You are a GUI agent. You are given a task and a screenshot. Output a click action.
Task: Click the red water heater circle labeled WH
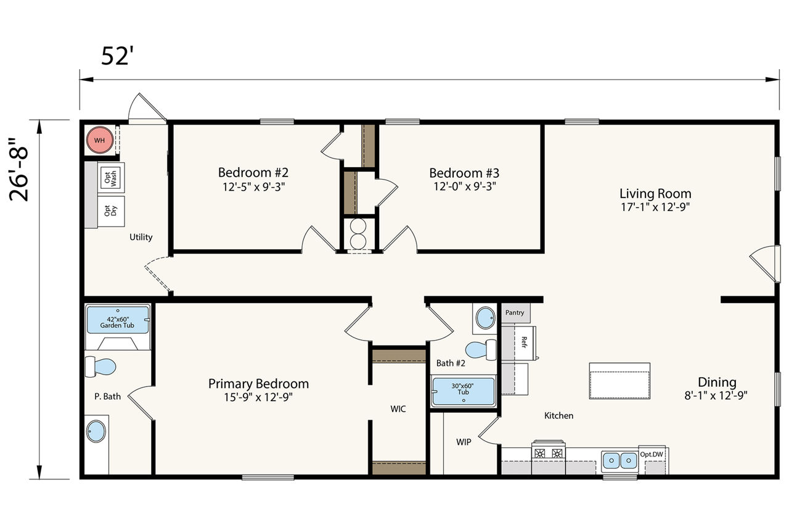pyautogui.click(x=100, y=140)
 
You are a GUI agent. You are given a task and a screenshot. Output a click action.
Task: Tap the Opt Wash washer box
pyautogui.click(x=111, y=178)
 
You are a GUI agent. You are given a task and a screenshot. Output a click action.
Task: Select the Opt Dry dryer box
pyautogui.click(x=111, y=211)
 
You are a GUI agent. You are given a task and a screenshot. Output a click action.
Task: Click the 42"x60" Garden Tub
pyautogui.click(x=118, y=320)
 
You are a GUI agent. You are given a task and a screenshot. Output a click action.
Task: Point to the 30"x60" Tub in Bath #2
pyautogui.click(x=463, y=391)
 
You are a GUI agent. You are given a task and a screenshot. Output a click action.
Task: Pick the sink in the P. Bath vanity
pyautogui.click(x=96, y=431)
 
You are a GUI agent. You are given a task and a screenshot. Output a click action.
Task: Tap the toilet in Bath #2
pyautogui.click(x=481, y=349)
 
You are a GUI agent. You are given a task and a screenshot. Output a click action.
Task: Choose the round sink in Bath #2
pyautogui.click(x=485, y=318)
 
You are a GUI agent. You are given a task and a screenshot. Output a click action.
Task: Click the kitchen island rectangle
pyautogui.click(x=619, y=381)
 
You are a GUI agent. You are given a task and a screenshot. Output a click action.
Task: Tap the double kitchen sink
pyautogui.click(x=620, y=461)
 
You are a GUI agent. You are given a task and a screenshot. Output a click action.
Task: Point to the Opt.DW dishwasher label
pyautogui.click(x=652, y=454)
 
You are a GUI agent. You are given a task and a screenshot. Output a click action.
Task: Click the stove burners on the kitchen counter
pyautogui.click(x=549, y=453)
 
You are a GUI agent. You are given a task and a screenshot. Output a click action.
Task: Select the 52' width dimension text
pyautogui.click(x=118, y=56)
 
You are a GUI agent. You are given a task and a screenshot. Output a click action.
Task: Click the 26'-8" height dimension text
pyautogui.click(x=18, y=169)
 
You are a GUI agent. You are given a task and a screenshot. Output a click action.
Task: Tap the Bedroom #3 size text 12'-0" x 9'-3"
pyautogui.click(x=465, y=186)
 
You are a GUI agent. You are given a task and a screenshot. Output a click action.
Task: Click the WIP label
pyautogui.click(x=464, y=442)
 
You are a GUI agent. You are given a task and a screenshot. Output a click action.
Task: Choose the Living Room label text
pyautogui.click(x=655, y=194)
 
